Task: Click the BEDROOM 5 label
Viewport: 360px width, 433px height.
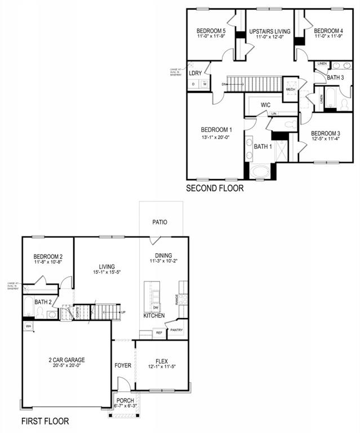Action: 211,30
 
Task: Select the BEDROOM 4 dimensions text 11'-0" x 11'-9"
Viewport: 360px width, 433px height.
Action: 328,37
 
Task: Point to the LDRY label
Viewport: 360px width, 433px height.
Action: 195,73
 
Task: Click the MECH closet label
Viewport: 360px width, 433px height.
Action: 291,89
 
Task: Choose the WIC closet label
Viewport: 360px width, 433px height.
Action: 266,105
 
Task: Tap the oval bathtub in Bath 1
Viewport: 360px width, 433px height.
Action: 261,172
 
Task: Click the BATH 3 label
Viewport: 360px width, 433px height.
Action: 335,77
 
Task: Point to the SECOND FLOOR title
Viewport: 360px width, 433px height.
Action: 215,188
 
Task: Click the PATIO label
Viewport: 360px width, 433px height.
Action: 159,222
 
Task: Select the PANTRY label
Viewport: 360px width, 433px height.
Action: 177,330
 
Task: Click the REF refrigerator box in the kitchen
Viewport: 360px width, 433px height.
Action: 159,333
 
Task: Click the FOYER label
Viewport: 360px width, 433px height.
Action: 123,365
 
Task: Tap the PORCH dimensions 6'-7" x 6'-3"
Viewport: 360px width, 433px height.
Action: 126,406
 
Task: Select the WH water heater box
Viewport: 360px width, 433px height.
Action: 28,326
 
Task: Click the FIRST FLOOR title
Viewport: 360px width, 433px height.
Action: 45,421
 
